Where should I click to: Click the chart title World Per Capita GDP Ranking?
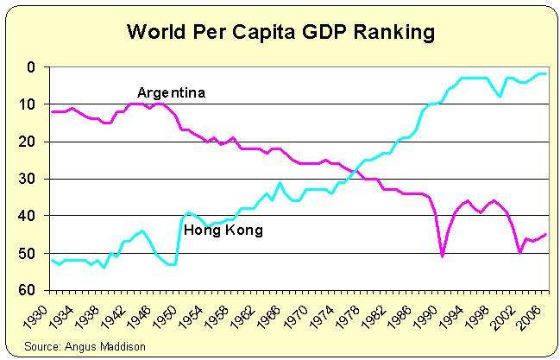[280, 33]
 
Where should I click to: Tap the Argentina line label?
[171, 92]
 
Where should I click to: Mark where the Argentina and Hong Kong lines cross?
[356, 173]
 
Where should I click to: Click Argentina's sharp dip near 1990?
[443, 256]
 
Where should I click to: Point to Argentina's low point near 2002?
[519, 252]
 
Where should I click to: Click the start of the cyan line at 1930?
[52, 259]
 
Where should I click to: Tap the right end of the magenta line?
[545, 234]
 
